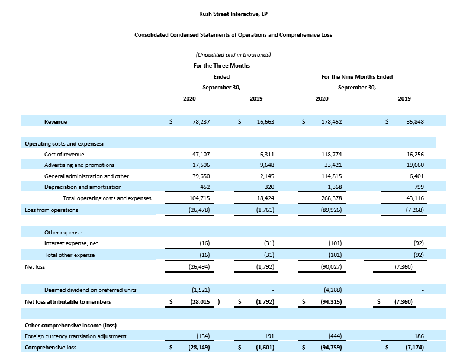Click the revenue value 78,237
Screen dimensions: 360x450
(198, 121)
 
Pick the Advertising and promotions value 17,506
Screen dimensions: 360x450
(198, 165)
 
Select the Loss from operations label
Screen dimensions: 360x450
(52, 210)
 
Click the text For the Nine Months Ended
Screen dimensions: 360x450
(357, 77)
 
